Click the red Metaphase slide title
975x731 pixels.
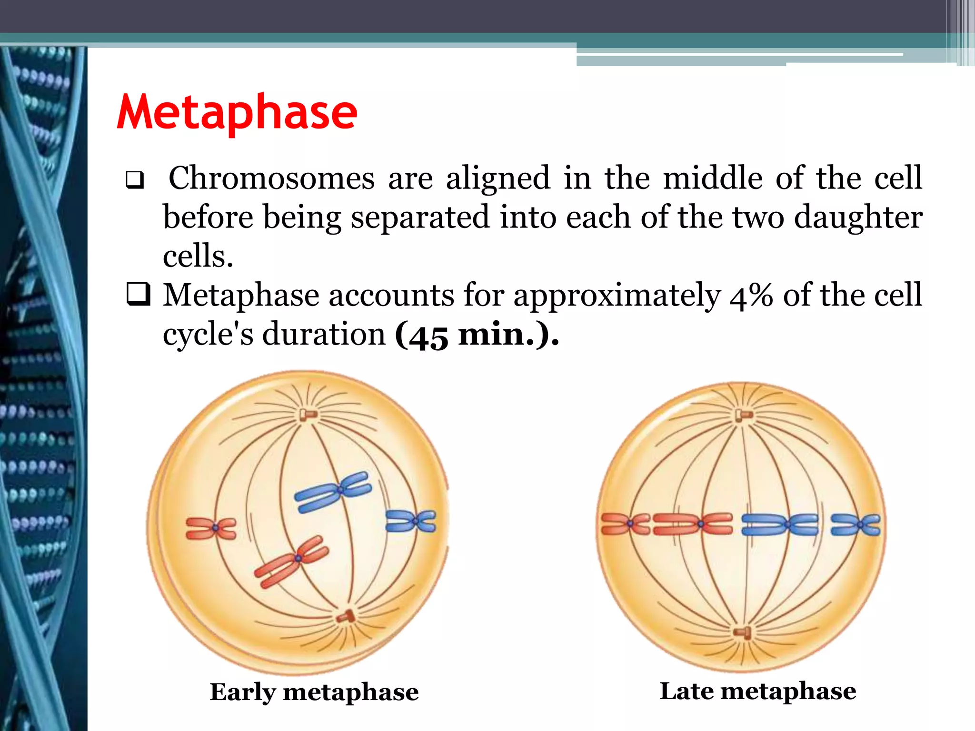pyautogui.click(x=237, y=112)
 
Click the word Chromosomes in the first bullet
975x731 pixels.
pyautogui.click(x=271, y=178)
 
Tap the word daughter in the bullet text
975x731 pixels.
pyautogui.click(x=858, y=217)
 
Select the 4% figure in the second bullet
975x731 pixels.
pyautogui.click(x=751, y=296)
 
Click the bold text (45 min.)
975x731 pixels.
pyautogui.click(x=477, y=335)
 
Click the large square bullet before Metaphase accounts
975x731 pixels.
pyautogui.click(x=138, y=295)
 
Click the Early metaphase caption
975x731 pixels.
pyautogui.click(x=314, y=692)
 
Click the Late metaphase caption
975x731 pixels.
pyautogui.click(x=757, y=691)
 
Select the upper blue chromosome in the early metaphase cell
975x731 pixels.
pyautogui.click(x=333, y=492)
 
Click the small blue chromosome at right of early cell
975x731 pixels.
pyautogui.click(x=411, y=521)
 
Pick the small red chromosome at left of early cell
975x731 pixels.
pyautogui.click(x=211, y=528)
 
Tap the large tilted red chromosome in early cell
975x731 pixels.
pyautogui.click(x=292, y=561)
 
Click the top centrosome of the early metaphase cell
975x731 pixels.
pyautogui.click(x=307, y=415)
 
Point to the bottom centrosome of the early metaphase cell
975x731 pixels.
pyautogui.click(x=346, y=617)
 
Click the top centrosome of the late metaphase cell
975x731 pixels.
pyautogui.click(x=743, y=415)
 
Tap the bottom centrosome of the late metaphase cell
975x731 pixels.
pyautogui.click(x=743, y=632)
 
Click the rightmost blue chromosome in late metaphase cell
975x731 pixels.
pyautogui.click(x=856, y=524)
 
